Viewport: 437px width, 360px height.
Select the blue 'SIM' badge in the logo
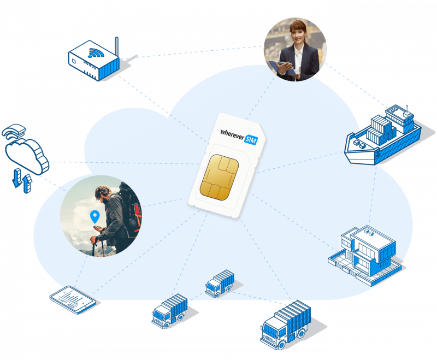(251, 141)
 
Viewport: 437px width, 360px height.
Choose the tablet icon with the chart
(72, 299)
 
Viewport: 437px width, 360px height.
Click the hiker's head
(104, 192)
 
